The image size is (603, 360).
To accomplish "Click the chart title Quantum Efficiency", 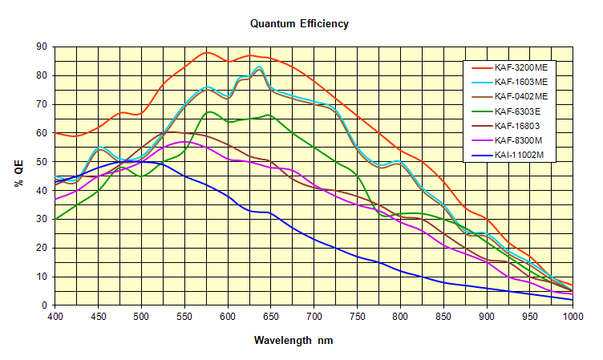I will point(299,23).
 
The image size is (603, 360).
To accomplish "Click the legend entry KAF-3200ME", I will point(520,68).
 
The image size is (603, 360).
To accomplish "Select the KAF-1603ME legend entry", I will point(520,82).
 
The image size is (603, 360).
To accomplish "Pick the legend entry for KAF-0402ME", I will point(520,96).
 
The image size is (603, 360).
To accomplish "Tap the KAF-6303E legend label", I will point(518,111).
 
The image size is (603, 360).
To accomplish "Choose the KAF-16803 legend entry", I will point(516,125).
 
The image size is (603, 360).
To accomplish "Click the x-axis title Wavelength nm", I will point(293,340).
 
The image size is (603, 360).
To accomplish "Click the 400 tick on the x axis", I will point(55,316).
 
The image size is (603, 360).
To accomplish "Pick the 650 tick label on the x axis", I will point(270,316).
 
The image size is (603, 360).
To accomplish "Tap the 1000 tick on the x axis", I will point(572,316).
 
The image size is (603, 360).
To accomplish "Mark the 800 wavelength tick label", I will point(400,316).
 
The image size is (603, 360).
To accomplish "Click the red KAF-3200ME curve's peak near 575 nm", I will point(208,52).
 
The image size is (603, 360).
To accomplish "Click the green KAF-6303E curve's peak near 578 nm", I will point(210,112).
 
